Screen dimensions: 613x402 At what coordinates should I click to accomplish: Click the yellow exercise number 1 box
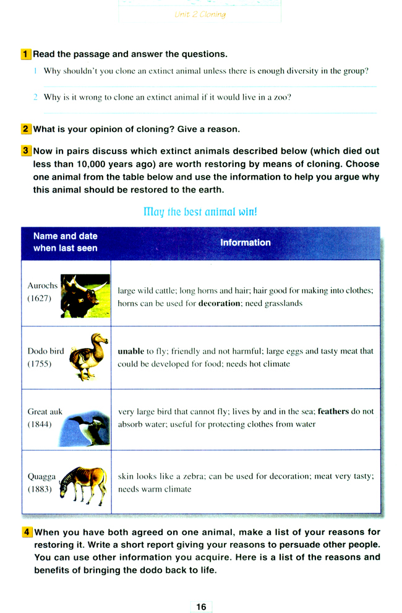tap(25, 54)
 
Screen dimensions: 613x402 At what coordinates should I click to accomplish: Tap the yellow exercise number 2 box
tap(25, 129)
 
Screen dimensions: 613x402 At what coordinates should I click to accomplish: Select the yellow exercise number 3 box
tap(25, 151)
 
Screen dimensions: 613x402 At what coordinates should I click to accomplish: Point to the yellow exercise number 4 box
tap(27, 532)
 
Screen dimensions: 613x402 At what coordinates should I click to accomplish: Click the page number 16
tap(201, 607)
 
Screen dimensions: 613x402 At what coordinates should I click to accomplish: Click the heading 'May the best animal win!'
tap(200, 211)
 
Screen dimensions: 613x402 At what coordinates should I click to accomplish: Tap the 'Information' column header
tap(246, 243)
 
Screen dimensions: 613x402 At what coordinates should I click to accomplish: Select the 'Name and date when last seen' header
tap(65, 242)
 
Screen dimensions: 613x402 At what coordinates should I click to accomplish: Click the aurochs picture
tap(85, 296)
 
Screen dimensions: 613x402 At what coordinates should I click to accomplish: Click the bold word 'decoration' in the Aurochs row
tap(219, 304)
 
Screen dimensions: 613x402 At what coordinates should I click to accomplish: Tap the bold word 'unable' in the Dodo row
tap(130, 351)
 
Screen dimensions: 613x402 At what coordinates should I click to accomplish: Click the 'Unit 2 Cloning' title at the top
tap(200, 14)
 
